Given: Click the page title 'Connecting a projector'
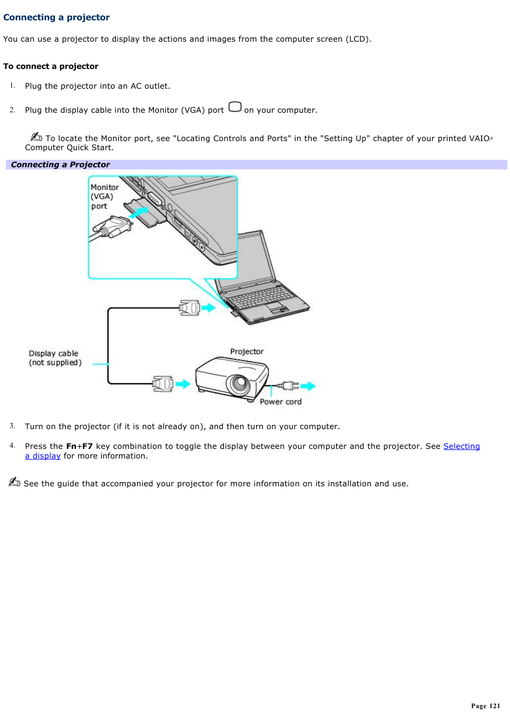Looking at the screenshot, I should coord(56,18).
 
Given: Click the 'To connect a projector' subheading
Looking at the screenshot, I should coord(51,66).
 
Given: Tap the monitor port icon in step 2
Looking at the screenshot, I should coord(235,107).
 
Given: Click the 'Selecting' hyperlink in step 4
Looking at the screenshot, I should coord(461,446).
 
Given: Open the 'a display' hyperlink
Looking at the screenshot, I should coord(43,456).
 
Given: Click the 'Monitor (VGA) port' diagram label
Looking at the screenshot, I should coord(104,197).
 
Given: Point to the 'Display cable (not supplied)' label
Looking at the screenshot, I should coord(55,358).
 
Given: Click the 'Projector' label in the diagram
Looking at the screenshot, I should coord(246,352).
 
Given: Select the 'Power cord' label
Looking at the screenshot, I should coord(280,402).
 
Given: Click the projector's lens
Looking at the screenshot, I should coord(238,383).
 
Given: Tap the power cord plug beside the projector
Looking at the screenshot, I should coord(288,385).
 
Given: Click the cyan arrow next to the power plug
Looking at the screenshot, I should coord(308,386).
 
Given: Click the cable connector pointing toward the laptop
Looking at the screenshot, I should coord(190,308).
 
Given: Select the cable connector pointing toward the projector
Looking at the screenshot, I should coord(163,384).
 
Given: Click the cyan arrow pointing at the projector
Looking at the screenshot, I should coord(183,384).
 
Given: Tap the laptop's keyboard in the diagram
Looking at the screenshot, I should coord(262,297).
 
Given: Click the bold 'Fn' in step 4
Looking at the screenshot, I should coord(71,446).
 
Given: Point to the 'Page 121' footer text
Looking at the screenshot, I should coord(485,706).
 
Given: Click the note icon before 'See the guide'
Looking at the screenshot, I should coord(14,482).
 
